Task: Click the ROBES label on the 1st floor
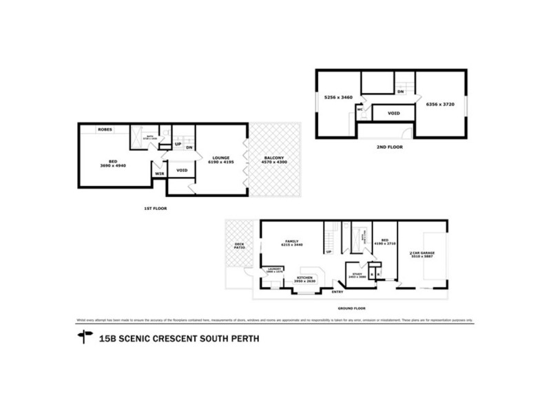(105, 129)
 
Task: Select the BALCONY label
(275, 158)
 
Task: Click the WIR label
(159, 173)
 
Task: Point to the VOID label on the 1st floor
(182, 170)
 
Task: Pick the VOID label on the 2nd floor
(394, 113)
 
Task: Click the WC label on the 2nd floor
(360, 109)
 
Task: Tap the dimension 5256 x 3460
(338, 98)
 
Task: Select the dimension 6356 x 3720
(439, 104)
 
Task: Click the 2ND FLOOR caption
(390, 147)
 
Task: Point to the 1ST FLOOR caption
(156, 208)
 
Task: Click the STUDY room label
(356, 274)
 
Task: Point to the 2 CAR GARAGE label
(422, 254)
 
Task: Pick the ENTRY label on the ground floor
(337, 292)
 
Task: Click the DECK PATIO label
(240, 245)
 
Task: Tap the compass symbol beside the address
(85, 337)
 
